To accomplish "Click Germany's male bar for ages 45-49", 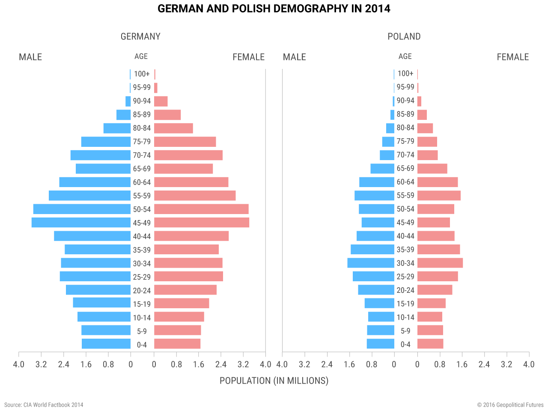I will pos(81,223).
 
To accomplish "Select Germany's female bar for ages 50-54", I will pos(201,209).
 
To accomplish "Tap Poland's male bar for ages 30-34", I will pos(371,263).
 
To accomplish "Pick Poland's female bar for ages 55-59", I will pos(439,196).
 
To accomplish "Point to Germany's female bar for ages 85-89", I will pos(167,115).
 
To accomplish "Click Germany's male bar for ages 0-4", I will pos(106,344).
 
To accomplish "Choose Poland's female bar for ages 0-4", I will pos(430,344).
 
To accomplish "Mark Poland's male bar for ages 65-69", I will pos(382,169).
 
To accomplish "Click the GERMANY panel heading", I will pos(140,36).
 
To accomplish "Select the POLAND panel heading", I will pos(404,36).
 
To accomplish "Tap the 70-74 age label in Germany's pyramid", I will pos(142,155).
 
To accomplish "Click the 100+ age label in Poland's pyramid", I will pos(405,74).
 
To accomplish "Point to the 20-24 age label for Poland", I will pos(405,290).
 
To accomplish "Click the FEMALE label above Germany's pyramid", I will pos(248,57).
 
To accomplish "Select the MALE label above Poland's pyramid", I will pos(295,57).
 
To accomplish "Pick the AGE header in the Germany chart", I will pos(141,57).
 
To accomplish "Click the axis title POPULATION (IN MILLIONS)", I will pos(274,381).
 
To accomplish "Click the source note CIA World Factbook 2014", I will pos(44,405).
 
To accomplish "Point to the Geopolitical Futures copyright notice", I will pos(510,405).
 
